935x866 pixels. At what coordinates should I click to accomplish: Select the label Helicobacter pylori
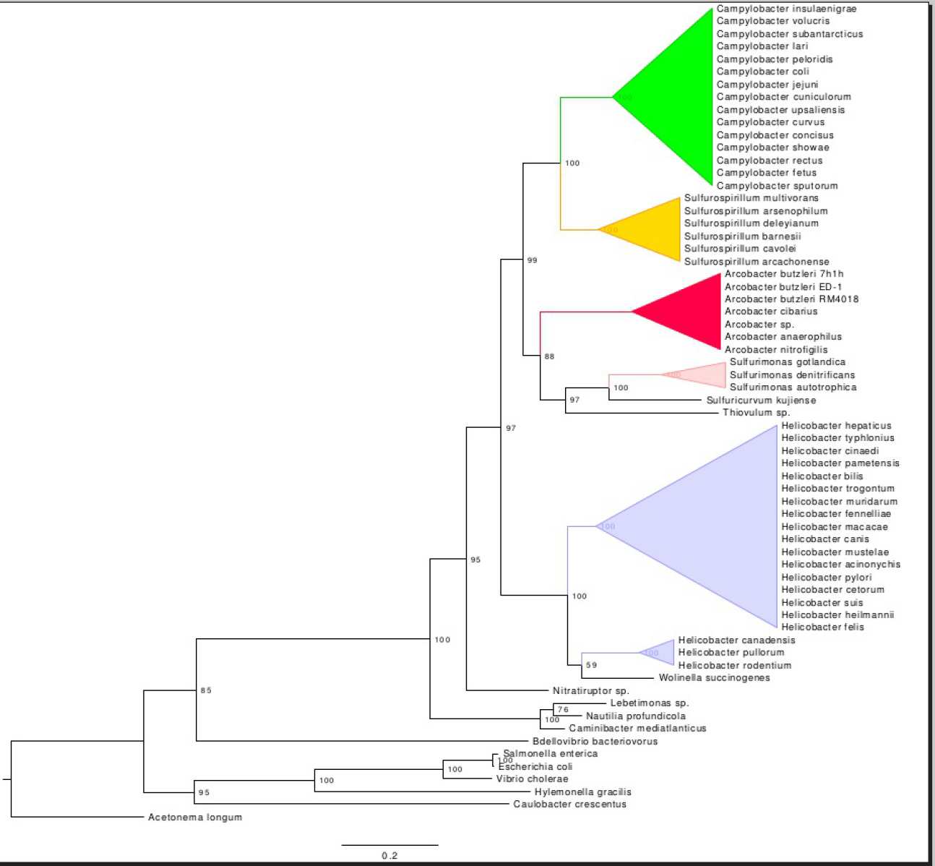[x=826, y=578]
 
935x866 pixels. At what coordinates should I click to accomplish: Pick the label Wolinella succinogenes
[x=714, y=678]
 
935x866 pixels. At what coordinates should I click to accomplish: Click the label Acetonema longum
[x=195, y=818]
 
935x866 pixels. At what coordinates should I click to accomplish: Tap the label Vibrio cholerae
[x=532, y=779]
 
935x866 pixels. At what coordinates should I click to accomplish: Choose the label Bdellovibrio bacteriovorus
[x=595, y=742]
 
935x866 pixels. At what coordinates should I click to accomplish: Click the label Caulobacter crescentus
[x=569, y=805]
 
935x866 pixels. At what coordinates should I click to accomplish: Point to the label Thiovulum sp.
[x=756, y=413]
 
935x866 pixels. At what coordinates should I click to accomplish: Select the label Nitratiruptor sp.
[x=590, y=691]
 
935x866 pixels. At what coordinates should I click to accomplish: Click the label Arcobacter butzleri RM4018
[x=791, y=299]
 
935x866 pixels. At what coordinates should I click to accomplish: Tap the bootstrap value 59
[x=591, y=665]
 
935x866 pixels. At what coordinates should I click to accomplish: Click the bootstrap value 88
[x=549, y=356]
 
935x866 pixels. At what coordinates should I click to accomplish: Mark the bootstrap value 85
[x=206, y=690]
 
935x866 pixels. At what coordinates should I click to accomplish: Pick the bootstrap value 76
[x=563, y=710]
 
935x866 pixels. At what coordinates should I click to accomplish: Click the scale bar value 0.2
[x=389, y=856]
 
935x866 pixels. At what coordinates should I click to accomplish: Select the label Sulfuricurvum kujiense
[x=761, y=400]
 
